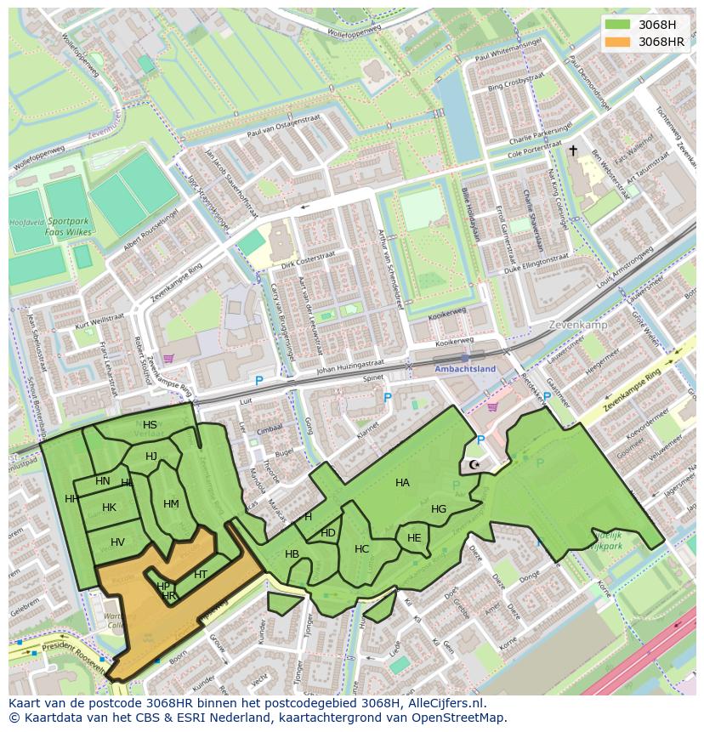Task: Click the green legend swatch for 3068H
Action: click(x=618, y=25)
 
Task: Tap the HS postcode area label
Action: click(x=150, y=425)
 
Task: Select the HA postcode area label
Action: click(x=402, y=483)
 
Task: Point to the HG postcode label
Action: click(x=439, y=509)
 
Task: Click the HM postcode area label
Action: click(x=171, y=504)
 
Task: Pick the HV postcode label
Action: click(x=117, y=542)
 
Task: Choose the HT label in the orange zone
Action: click(x=201, y=575)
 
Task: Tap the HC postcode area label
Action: click(x=362, y=549)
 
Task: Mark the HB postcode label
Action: click(x=292, y=554)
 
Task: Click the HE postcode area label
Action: click(x=414, y=538)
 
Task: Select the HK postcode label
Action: click(x=109, y=508)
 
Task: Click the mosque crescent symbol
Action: click(x=474, y=465)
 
